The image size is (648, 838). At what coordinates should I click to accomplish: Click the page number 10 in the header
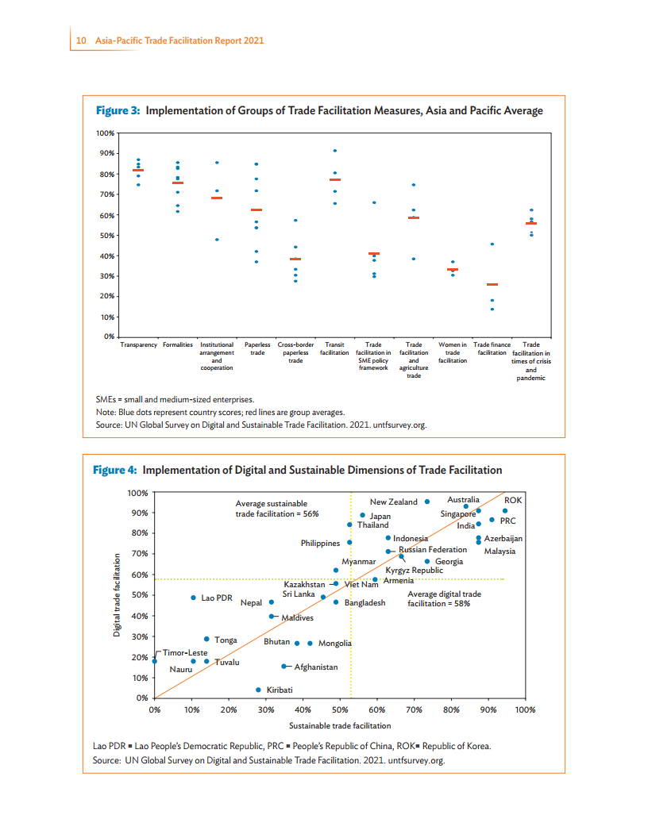[x=81, y=40]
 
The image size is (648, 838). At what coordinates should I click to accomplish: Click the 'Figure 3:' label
[x=118, y=110]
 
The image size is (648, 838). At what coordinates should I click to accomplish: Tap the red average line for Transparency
[x=138, y=171]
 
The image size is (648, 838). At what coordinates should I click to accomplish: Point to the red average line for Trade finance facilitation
[x=492, y=284]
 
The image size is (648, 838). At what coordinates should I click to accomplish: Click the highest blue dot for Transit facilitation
[x=335, y=151]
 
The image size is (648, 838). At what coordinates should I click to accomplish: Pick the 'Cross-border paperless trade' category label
[x=295, y=353]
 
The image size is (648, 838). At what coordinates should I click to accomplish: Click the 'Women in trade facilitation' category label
[x=453, y=353]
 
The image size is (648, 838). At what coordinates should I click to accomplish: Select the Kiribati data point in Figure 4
[x=258, y=690]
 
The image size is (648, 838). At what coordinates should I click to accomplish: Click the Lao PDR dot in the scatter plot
[x=193, y=598]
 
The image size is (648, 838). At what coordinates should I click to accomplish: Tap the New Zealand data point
[x=427, y=502]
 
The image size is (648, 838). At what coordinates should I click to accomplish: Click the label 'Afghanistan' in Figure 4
[x=316, y=667]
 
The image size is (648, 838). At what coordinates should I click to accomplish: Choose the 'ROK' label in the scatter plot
[x=513, y=501]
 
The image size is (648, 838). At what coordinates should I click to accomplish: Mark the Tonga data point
[x=206, y=639]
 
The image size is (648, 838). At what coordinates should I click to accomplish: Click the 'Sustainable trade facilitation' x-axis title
[x=340, y=726]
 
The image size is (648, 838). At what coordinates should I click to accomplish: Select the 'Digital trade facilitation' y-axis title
[x=117, y=595]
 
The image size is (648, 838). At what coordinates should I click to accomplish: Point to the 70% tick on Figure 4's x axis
[x=414, y=710]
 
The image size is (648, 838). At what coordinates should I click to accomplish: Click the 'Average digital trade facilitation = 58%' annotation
[x=444, y=598]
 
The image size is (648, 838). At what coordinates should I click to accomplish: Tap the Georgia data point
[x=427, y=561]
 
